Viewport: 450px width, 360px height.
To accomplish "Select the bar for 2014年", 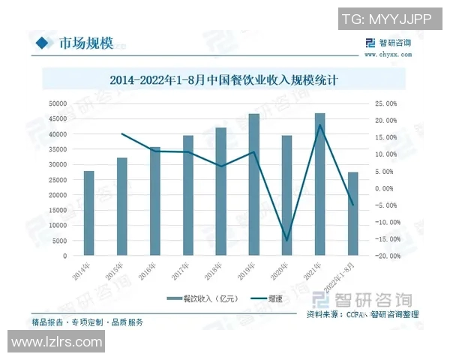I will pos(88,214).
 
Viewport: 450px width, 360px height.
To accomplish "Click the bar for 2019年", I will pos(253,185).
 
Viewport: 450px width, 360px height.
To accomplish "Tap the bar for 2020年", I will pos(286,196).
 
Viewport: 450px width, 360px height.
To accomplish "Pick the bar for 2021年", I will pos(319,184).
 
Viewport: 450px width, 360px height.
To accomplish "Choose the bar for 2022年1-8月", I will pos(352,214).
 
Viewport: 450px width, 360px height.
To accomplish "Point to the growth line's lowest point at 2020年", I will pos(286,241).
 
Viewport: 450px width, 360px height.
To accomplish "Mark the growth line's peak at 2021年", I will pos(319,124).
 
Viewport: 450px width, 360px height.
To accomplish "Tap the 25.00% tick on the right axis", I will pos(386,103).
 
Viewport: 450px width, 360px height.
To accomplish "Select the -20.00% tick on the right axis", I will pos(385,256).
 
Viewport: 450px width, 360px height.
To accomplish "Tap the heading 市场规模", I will pos(85,43).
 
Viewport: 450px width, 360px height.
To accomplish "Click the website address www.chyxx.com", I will pos(387,54).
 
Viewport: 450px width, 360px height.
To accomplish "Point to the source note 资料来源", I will pos(363,313).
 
